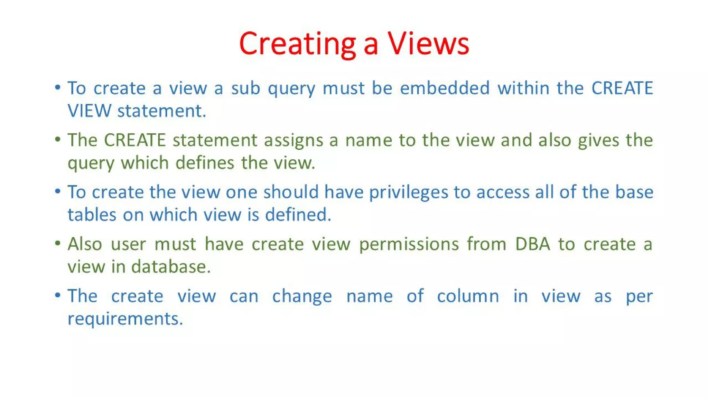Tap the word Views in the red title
click(428, 44)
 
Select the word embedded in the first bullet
click(445, 88)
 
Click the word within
click(523, 88)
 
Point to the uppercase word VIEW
click(89, 111)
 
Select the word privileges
click(409, 192)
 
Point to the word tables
click(92, 215)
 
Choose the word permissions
click(409, 245)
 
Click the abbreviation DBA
click(532, 244)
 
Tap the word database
click(171, 267)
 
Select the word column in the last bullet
click(468, 296)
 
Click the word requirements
click(125, 319)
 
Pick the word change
click(302, 296)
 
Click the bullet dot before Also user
click(58, 243)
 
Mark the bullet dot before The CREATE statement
click(58, 139)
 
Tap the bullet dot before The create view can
click(58, 295)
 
